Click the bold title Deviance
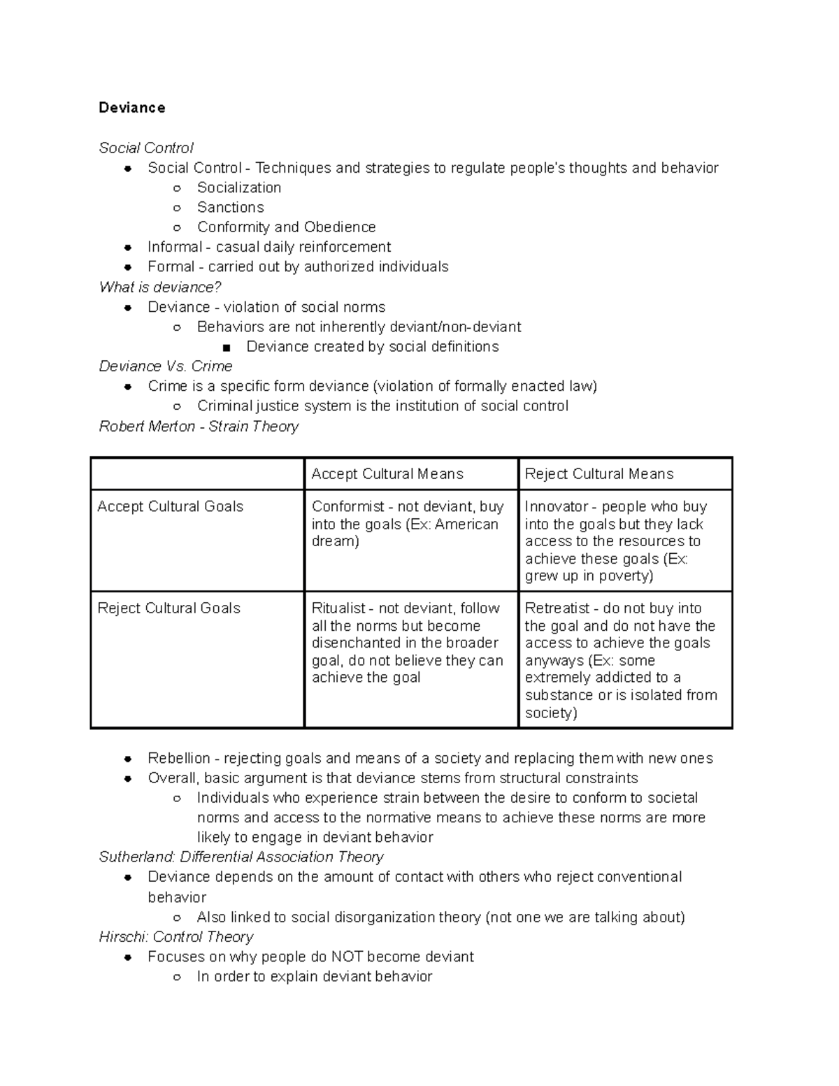[132, 108]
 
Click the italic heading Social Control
[146, 148]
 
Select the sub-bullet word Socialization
[239, 187]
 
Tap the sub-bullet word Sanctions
[231, 207]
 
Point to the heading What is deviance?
[160, 287]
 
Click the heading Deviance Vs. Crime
[166, 366]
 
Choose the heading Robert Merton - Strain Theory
[199, 427]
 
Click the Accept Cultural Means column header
[387, 474]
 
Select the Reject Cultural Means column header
[599, 474]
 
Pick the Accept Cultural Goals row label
[170, 507]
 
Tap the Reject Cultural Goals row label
[168, 608]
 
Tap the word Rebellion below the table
[179, 759]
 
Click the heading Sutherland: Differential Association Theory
[241, 857]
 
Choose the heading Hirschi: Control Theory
[176, 937]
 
